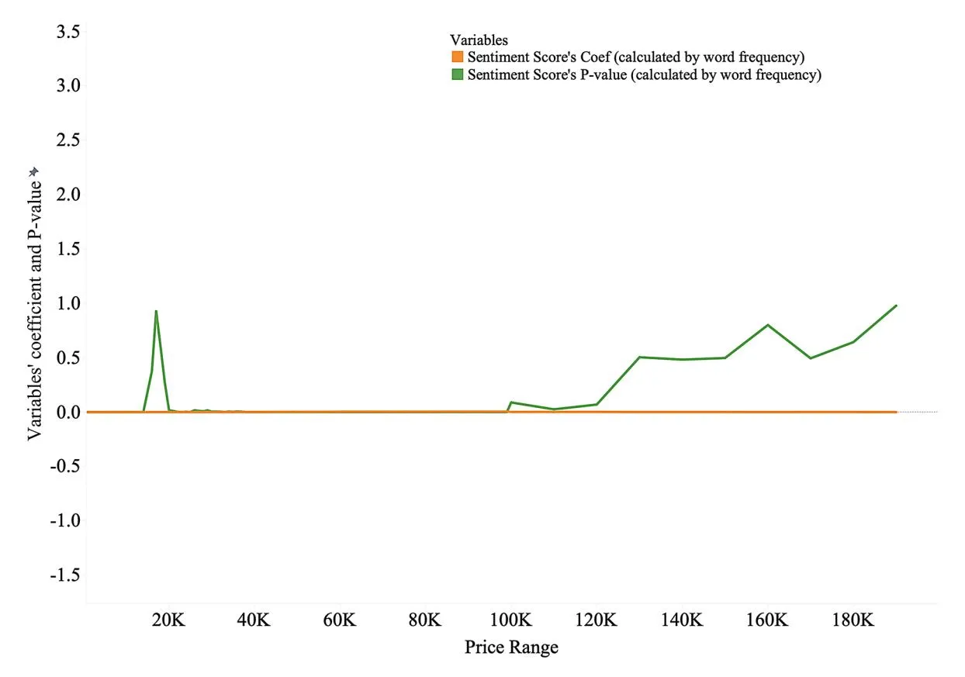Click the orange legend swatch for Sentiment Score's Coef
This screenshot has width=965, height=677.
(x=457, y=57)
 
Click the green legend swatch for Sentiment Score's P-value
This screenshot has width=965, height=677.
(x=457, y=75)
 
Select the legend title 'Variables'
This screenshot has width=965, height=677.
(x=479, y=40)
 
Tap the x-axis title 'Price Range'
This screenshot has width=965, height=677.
(x=511, y=647)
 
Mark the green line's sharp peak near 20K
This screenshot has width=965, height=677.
(x=156, y=311)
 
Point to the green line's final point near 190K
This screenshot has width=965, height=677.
(x=896, y=306)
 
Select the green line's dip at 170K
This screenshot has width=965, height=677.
(x=811, y=357)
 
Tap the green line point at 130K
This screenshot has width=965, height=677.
(x=639, y=357)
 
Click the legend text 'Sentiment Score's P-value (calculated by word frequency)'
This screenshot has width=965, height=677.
(x=644, y=75)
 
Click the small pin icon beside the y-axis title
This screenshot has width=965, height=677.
(x=33, y=172)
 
